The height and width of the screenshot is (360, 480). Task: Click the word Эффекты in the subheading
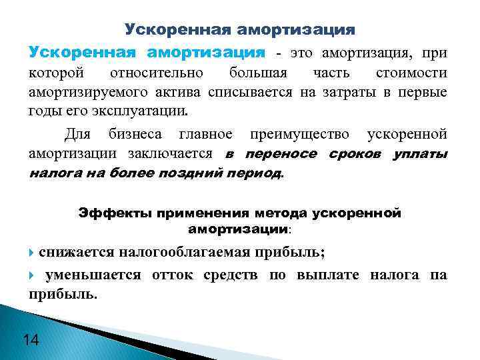tap(115, 213)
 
